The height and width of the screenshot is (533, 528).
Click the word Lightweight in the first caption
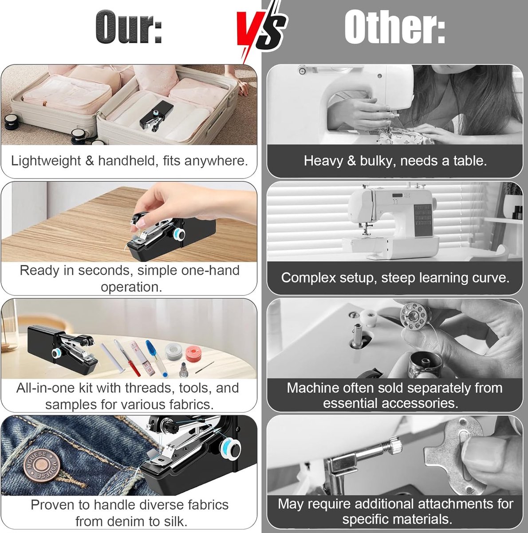point(46,161)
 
